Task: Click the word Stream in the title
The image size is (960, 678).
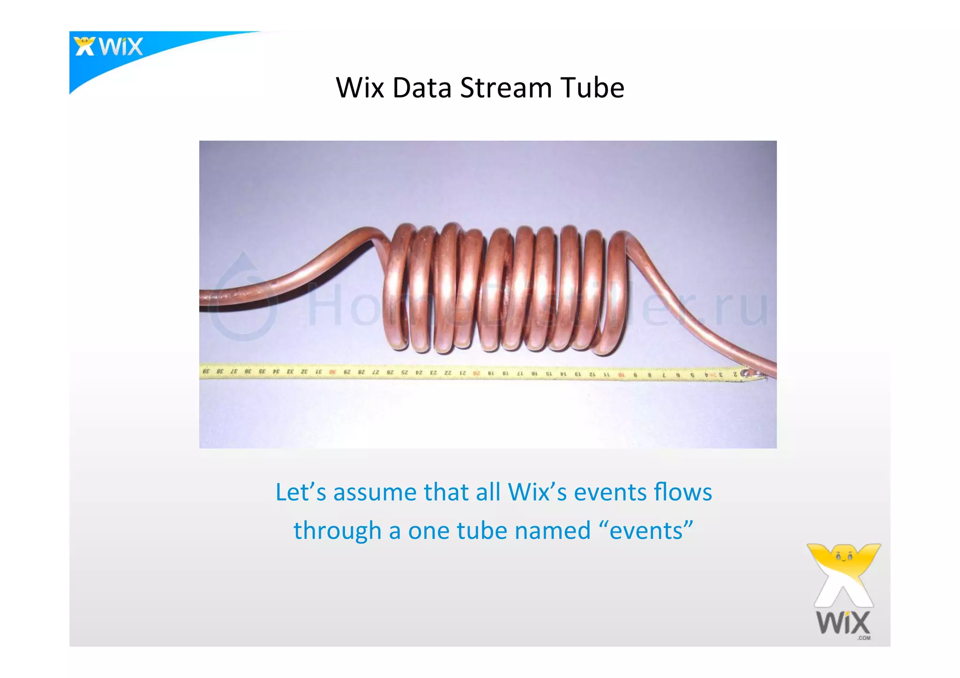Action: click(x=506, y=88)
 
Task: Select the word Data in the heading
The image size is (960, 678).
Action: click(x=421, y=88)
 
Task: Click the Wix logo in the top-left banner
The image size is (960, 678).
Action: click(x=109, y=47)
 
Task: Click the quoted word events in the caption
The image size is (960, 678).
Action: click(x=646, y=531)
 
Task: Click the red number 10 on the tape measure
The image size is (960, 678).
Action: click(x=621, y=375)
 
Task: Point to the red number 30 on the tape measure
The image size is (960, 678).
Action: click(x=332, y=372)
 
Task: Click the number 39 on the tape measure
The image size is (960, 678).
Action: click(x=205, y=371)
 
